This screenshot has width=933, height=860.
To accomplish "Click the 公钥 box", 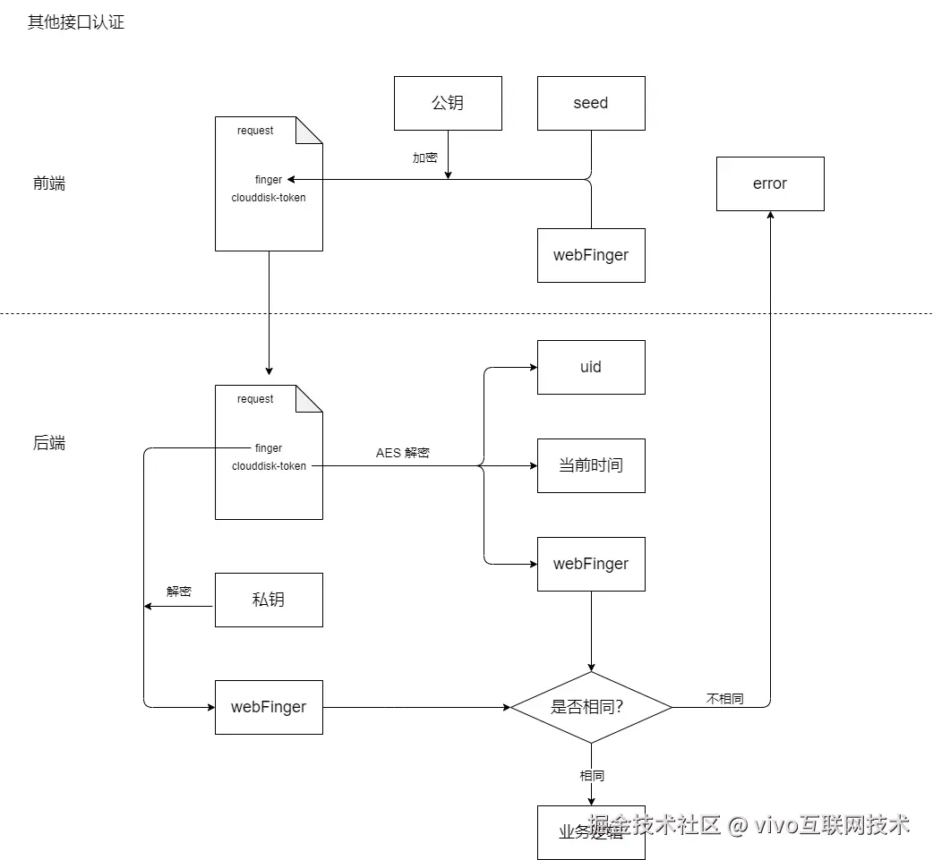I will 448,103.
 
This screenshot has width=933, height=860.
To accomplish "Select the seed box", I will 591,103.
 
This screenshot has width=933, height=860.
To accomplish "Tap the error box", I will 770,183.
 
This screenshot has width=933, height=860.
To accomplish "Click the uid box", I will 591,367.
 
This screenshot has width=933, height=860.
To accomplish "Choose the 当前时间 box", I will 591,465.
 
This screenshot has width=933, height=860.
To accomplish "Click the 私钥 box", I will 269,600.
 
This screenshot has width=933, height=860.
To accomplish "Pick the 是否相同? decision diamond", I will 591,707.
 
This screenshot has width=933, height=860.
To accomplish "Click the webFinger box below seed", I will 591,255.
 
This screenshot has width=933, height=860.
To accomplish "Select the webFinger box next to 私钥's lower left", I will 269,707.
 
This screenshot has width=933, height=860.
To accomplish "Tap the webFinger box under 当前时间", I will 591,564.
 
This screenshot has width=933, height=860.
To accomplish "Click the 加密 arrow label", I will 425,158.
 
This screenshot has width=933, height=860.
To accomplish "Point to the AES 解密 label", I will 403,453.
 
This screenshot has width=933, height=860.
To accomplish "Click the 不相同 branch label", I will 724,699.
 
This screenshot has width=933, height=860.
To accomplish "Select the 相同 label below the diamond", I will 591,775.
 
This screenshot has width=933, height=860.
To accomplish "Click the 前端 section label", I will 49,183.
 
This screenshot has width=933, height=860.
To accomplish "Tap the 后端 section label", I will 49,443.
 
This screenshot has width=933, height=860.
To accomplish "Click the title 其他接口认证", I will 76,22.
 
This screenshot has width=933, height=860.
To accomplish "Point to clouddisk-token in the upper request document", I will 269,197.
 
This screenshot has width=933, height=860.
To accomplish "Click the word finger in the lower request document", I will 269,448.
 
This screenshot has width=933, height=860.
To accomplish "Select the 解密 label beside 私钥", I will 179,592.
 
